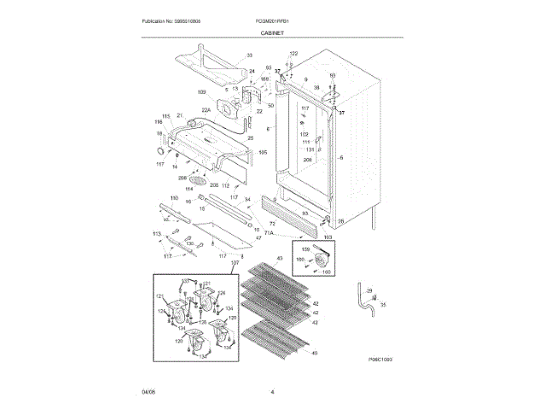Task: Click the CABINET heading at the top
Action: click(x=273, y=32)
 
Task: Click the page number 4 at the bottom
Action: click(x=272, y=391)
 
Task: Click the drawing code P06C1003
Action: click(x=380, y=361)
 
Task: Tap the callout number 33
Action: click(x=250, y=56)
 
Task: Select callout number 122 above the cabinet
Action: click(x=293, y=54)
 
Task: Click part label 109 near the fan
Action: click(x=201, y=92)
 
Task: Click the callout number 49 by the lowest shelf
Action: click(x=315, y=353)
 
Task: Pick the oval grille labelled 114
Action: click(x=199, y=180)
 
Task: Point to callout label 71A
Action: click(x=270, y=231)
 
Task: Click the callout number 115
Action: click(x=166, y=115)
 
